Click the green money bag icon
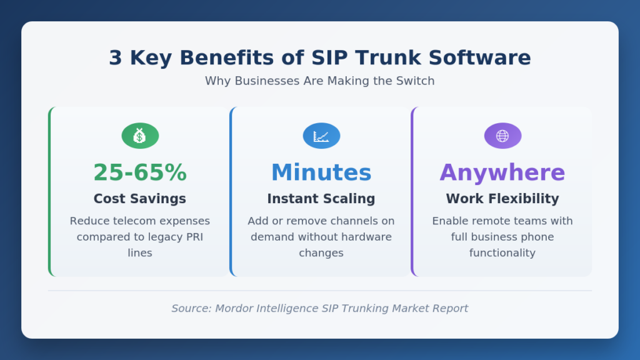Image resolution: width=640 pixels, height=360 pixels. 140,136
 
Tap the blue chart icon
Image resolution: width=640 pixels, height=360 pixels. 321,136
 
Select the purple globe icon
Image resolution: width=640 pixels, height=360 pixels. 502,136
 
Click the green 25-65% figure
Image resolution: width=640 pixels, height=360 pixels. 140,172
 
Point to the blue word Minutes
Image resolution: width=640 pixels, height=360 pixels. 321,172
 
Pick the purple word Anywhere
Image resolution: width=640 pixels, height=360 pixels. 502,172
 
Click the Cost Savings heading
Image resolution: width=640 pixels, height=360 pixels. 140,199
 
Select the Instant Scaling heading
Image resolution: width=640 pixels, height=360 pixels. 321,199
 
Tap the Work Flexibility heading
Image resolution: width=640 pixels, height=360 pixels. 502,199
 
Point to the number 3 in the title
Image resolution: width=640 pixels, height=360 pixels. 116,58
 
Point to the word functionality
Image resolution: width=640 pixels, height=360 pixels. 502,253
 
